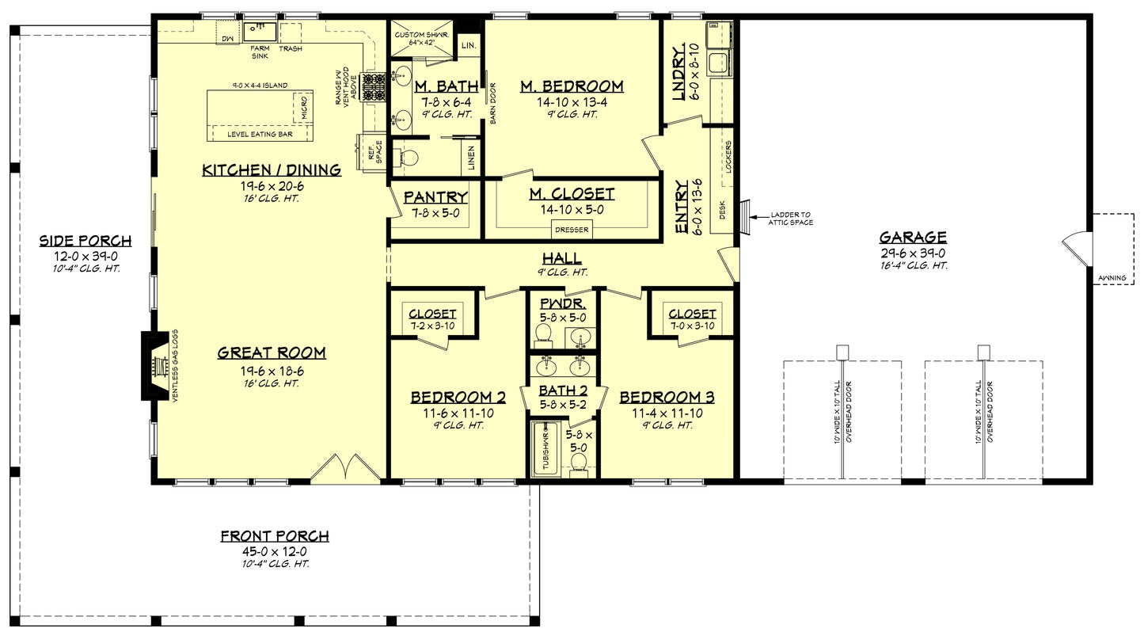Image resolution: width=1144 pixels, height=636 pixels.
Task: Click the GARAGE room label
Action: (913, 237)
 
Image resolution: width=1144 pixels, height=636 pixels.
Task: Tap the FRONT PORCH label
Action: (274, 536)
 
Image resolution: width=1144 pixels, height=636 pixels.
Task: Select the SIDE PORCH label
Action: (86, 241)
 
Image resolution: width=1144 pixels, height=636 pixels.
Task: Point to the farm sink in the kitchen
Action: (259, 31)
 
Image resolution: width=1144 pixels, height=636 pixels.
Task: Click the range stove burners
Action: (373, 86)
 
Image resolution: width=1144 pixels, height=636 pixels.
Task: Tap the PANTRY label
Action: (435, 197)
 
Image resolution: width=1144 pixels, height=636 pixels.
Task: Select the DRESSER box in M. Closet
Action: (571, 230)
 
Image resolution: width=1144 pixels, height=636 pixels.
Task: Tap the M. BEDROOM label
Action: (572, 86)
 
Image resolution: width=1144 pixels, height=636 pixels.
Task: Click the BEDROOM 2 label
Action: (458, 397)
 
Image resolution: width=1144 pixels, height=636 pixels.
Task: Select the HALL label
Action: (561, 258)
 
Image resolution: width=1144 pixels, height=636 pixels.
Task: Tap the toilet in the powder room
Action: (544, 338)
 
